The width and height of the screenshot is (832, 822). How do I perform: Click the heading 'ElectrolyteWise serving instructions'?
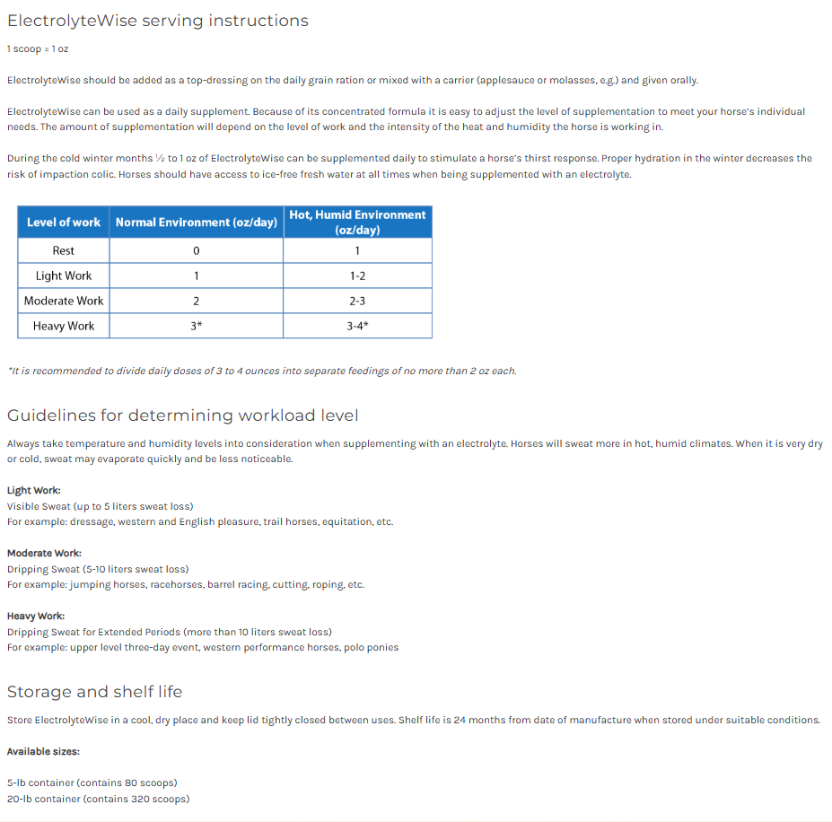tap(157, 21)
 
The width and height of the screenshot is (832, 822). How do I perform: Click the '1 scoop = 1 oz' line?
tap(38, 48)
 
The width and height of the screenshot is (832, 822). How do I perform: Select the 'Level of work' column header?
tap(64, 222)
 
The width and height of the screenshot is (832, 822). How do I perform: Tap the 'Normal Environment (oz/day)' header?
tap(196, 222)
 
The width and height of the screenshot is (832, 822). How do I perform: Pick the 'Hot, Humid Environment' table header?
tap(357, 222)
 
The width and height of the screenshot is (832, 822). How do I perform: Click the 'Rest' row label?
tap(64, 250)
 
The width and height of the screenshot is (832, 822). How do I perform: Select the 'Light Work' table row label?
tap(64, 275)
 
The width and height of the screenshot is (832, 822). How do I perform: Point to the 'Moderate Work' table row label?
tap(64, 301)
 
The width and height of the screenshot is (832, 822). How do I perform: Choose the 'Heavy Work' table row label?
tap(64, 326)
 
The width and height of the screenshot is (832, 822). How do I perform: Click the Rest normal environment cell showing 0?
tap(196, 250)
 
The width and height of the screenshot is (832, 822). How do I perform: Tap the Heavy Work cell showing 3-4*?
tap(357, 326)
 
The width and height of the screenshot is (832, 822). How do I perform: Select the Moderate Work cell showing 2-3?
tap(357, 301)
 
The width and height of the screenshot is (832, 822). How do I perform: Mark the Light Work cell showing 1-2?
tap(357, 275)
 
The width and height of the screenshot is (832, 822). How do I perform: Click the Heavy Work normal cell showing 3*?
tap(196, 326)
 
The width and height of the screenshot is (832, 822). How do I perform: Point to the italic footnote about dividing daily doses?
tap(261, 371)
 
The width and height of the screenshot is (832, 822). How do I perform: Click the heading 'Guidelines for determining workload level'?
tap(182, 415)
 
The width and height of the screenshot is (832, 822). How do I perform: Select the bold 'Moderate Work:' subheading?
tap(44, 553)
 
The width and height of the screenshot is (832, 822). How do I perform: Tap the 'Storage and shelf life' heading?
tap(94, 692)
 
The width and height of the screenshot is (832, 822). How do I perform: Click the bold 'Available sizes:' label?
tap(43, 751)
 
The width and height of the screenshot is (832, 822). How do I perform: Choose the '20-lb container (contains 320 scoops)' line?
tap(98, 799)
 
